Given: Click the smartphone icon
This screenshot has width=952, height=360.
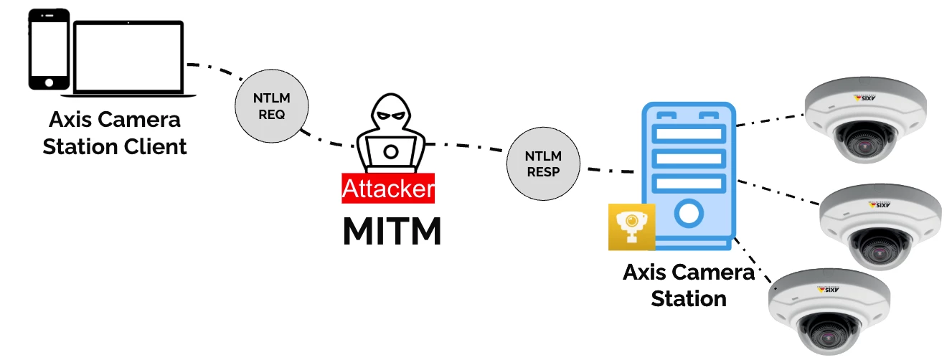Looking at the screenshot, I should (49, 49).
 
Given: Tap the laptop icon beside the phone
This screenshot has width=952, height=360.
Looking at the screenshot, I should (129, 58).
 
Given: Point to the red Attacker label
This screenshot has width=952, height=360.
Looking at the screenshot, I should (388, 188).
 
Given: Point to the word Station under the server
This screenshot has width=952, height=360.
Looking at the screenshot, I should (689, 298).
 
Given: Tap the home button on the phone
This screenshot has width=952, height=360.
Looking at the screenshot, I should (49, 82).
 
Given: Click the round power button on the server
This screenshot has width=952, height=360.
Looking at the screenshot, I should (688, 213).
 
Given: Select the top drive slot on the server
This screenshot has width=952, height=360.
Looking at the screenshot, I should (688, 133).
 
